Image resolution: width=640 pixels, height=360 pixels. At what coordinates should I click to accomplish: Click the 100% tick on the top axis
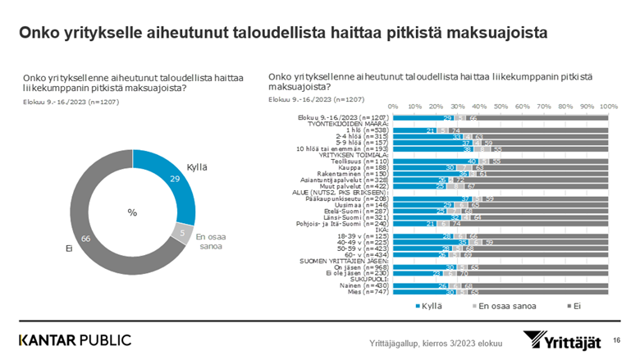608,106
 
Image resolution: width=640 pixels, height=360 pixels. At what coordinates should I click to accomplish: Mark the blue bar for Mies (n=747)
425,291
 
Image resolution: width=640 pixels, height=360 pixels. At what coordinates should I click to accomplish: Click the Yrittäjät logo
562,339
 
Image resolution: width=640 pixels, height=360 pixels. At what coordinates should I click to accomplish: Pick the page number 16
616,338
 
